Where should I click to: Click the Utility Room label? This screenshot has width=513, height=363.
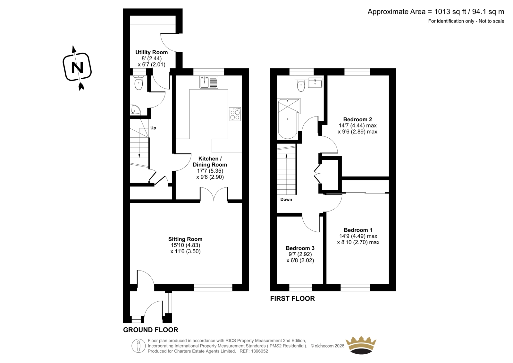(x=151, y=52)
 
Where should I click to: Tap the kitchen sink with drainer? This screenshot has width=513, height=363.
(x=209, y=82)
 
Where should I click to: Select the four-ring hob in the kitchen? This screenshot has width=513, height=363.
(x=235, y=114)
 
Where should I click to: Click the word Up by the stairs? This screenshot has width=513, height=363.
(x=153, y=128)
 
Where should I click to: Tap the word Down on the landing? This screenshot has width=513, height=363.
(x=286, y=200)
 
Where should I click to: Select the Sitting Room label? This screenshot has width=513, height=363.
(x=185, y=239)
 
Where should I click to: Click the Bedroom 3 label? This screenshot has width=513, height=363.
(x=300, y=248)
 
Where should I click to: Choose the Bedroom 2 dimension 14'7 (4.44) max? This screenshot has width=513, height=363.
(x=357, y=125)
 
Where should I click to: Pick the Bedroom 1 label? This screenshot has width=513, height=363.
(x=358, y=230)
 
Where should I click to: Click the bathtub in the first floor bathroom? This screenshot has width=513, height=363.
(x=288, y=118)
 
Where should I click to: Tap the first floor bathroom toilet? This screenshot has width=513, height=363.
(x=301, y=85)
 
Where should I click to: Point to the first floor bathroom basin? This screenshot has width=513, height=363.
(x=315, y=82)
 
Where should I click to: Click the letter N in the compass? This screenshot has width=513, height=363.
(x=77, y=67)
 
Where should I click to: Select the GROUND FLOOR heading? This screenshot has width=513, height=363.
(x=150, y=330)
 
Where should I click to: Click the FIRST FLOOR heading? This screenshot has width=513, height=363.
(x=292, y=298)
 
